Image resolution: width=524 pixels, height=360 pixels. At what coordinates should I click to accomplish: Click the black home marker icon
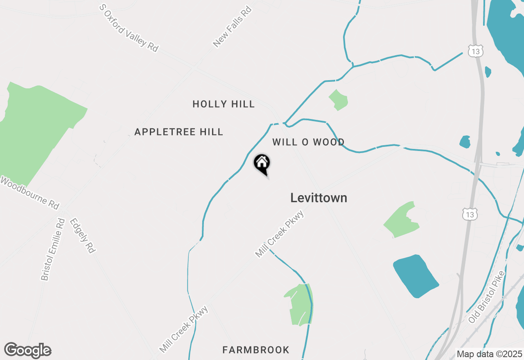(262, 164)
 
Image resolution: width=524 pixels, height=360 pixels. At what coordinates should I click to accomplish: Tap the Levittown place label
(318, 198)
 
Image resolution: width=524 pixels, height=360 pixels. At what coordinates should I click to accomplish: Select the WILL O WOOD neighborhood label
(308, 142)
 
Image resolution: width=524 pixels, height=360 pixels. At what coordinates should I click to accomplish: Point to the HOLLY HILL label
(224, 104)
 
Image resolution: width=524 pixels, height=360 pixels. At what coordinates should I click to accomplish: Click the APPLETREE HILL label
(178, 132)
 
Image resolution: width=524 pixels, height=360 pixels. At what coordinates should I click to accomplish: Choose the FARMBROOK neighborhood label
(256, 350)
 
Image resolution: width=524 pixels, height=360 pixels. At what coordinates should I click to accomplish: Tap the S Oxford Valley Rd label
(129, 28)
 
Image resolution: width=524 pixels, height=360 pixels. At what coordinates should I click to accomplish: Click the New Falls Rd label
(232, 27)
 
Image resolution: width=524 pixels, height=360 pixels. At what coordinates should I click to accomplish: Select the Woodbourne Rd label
(29, 193)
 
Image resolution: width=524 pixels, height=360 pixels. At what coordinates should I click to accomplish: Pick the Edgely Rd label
(82, 235)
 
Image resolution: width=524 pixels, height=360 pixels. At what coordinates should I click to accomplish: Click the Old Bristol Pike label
(487, 296)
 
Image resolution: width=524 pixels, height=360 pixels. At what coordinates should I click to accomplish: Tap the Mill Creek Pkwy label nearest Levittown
(280, 234)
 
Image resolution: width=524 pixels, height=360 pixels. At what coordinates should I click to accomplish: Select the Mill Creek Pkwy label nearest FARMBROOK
(184, 329)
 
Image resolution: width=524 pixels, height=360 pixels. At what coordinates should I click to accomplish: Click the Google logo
(28, 351)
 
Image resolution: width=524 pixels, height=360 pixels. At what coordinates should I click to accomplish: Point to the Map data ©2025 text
(489, 354)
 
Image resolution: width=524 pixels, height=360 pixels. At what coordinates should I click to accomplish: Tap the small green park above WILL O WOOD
(339, 100)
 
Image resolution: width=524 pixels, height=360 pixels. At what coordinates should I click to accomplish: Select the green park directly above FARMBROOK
(299, 305)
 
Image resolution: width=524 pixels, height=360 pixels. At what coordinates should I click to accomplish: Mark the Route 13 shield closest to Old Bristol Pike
(469, 214)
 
